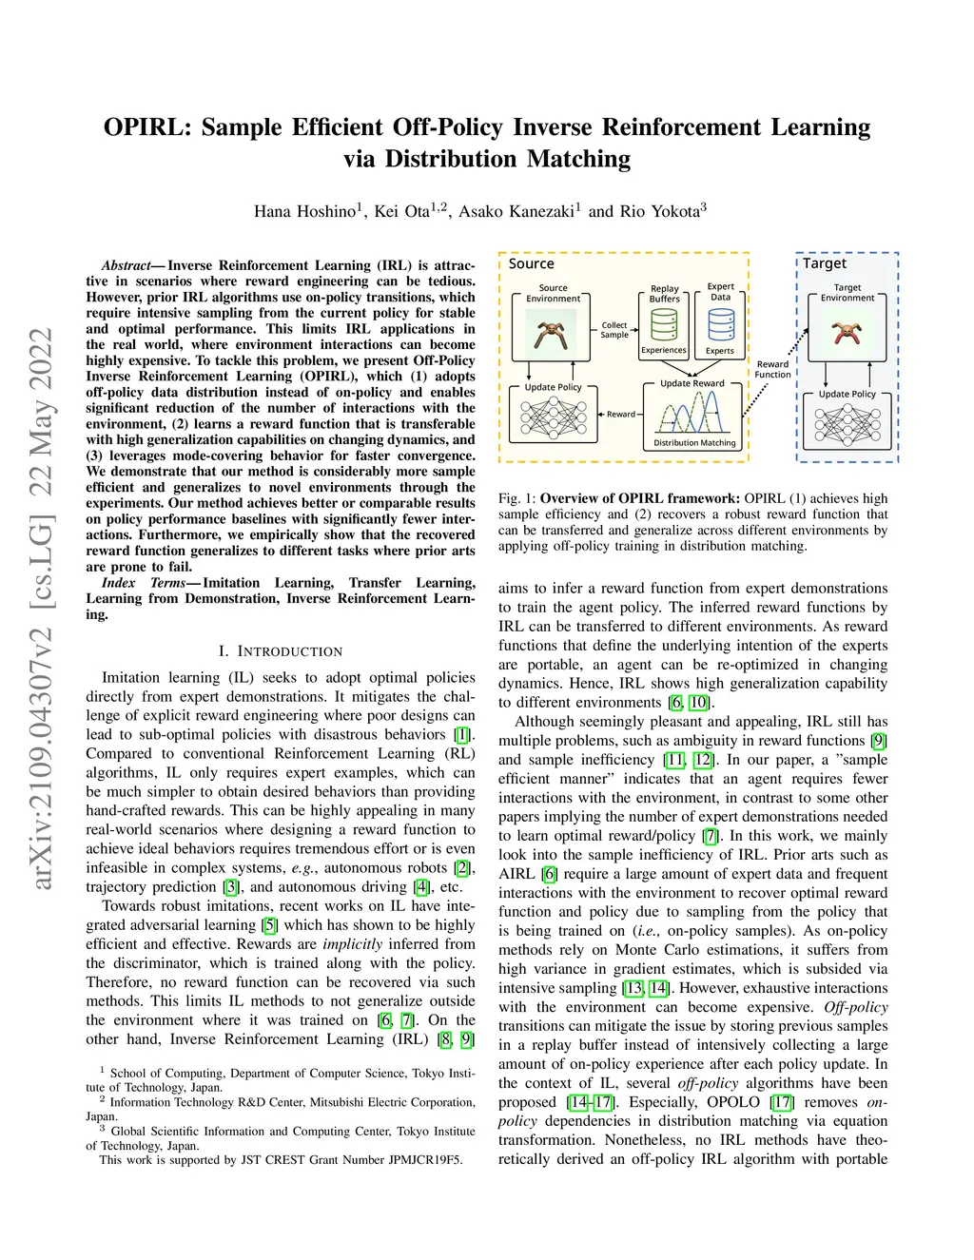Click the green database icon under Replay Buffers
(664, 324)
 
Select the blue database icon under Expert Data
(721, 324)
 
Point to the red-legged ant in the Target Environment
(847, 334)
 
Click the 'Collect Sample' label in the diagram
(614, 330)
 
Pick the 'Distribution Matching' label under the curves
(694, 442)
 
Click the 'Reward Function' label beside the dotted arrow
(772, 369)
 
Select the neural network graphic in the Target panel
(847, 424)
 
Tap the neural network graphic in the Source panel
(553, 417)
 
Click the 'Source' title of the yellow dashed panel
(531, 263)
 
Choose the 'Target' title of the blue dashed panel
(825, 263)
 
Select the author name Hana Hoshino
(305, 211)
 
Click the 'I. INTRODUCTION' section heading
(281, 651)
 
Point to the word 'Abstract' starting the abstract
(127, 265)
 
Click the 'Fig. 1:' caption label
(516, 498)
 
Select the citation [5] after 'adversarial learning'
(269, 925)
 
